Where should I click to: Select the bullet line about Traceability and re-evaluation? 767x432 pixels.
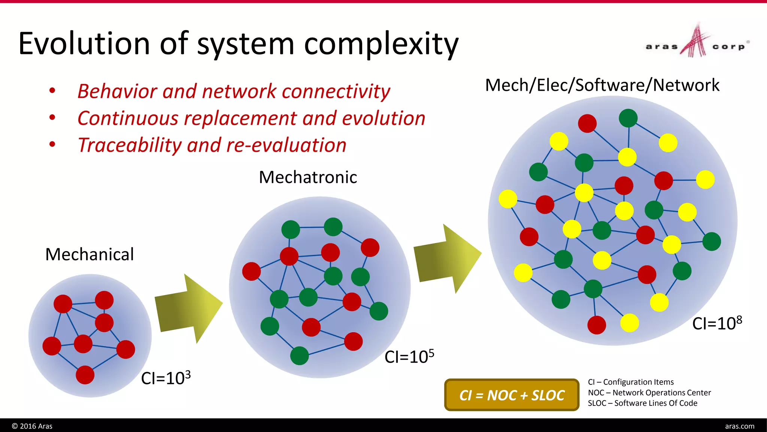pyautogui.click(x=212, y=145)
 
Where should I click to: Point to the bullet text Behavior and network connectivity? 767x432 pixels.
pyautogui.click(x=234, y=91)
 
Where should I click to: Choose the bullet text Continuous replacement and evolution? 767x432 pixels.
pyautogui.click(x=251, y=118)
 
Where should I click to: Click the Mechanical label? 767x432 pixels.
pyautogui.click(x=90, y=254)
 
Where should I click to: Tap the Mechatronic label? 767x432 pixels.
pyautogui.click(x=308, y=177)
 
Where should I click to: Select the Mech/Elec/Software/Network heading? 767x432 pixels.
pyautogui.click(x=602, y=85)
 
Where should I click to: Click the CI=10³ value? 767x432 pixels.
pyautogui.click(x=166, y=378)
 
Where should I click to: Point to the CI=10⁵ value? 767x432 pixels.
pyautogui.click(x=409, y=356)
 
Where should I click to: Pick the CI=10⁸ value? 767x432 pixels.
pyautogui.click(x=717, y=323)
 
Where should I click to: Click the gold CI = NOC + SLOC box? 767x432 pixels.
pyautogui.click(x=512, y=395)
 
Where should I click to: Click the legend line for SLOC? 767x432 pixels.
pyautogui.click(x=642, y=403)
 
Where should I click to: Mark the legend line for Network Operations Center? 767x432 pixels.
pyautogui.click(x=649, y=393)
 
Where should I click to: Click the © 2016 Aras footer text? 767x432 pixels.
pyautogui.click(x=32, y=426)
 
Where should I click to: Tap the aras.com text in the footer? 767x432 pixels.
pyautogui.click(x=739, y=426)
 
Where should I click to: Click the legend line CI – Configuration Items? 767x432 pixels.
pyautogui.click(x=631, y=382)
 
